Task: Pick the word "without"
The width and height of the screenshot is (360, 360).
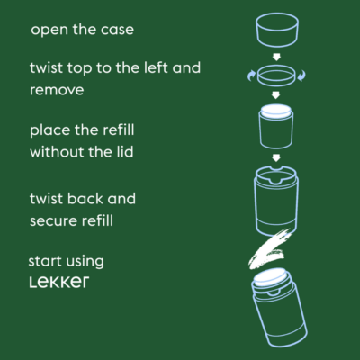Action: pyautogui.click(x=58, y=152)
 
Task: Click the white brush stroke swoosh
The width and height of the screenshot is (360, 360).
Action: pyautogui.click(x=268, y=247)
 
